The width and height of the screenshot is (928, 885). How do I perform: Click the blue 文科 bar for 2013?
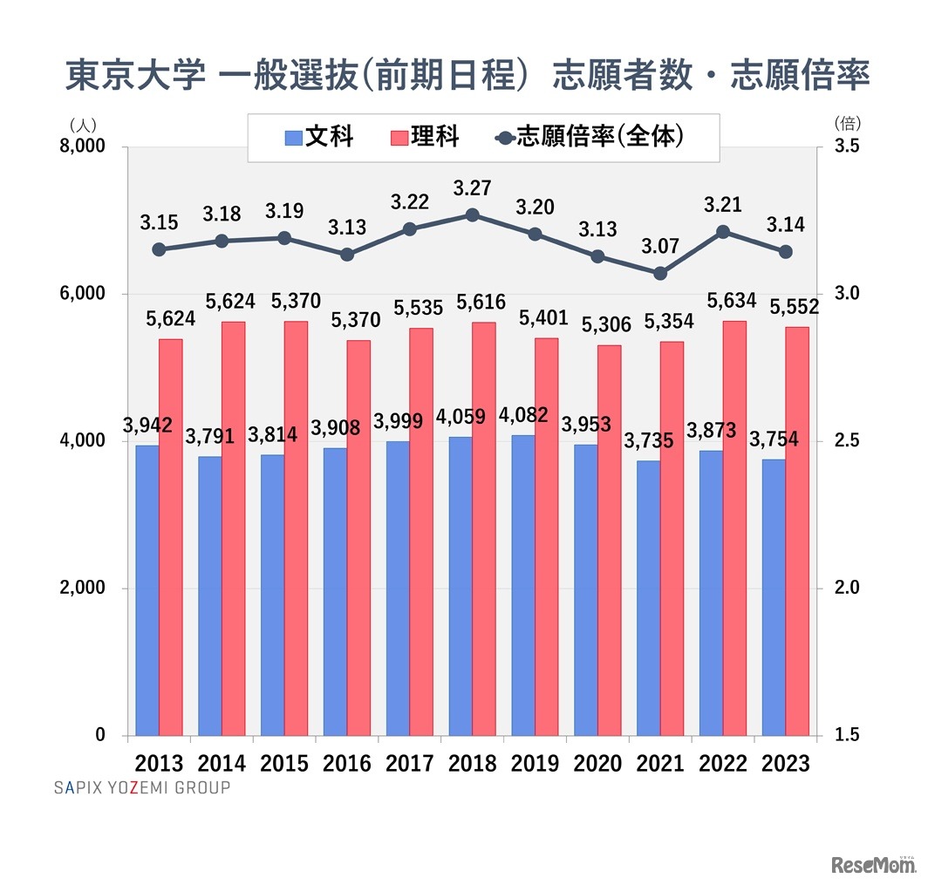[147, 590]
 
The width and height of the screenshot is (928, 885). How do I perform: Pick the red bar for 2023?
[797, 531]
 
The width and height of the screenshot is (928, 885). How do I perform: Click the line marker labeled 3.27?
[472, 215]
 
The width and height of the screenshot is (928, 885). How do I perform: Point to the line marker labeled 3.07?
[660, 273]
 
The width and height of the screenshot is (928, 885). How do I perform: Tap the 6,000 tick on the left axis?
[82, 294]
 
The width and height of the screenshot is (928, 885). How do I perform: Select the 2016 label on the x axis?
[347, 764]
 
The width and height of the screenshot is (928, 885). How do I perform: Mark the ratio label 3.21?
[722, 206]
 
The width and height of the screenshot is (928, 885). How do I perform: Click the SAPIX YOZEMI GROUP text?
[141, 787]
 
